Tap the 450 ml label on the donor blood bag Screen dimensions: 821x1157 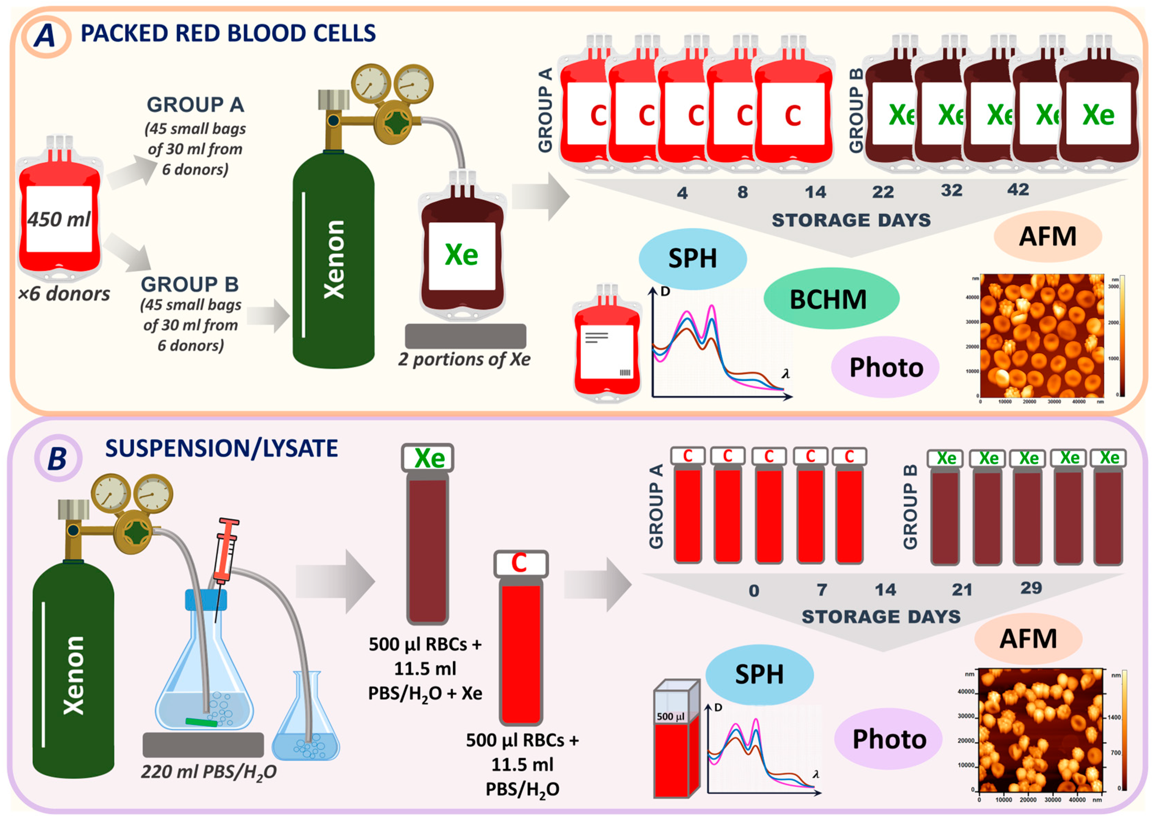pyautogui.click(x=59, y=219)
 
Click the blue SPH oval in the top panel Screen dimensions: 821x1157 pyautogui.click(x=692, y=259)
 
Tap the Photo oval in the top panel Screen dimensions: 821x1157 pyautogui.click(x=886, y=367)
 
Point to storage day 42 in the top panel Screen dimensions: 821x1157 pyautogui.click(x=1017, y=190)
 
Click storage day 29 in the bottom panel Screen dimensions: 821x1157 pyautogui.click(x=1031, y=588)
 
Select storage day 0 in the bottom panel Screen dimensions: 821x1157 pyautogui.click(x=753, y=590)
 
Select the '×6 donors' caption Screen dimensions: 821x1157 pyautogui.click(x=64, y=294)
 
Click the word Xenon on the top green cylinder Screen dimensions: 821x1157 pyautogui.click(x=334, y=259)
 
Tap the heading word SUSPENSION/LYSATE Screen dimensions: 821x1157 pyautogui.click(x=221, y=448)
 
